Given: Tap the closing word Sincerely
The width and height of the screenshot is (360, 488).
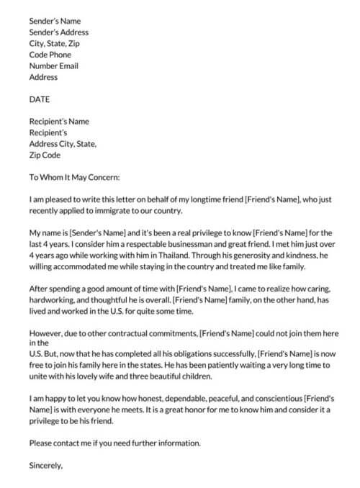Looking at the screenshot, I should point(46,465).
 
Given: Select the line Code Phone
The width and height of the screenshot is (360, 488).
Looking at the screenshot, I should point(51,55).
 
